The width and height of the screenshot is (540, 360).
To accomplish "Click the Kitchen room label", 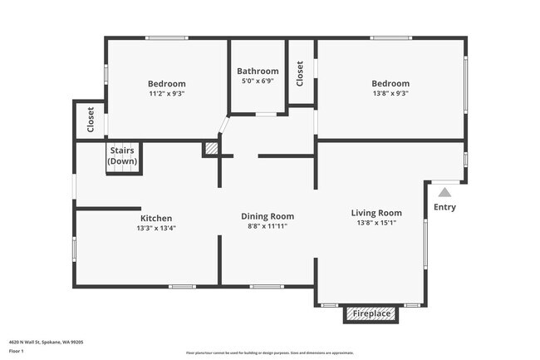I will point(156,219).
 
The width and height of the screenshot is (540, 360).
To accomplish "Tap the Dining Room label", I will point(268,216).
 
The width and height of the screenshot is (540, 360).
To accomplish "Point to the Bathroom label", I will point(258,72).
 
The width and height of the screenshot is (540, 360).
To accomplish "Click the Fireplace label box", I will point(371,314).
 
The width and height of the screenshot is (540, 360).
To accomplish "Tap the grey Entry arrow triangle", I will point(444,192).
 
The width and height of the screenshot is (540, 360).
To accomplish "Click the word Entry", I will point(444,208).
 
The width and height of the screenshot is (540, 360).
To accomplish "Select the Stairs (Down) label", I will point(123,155).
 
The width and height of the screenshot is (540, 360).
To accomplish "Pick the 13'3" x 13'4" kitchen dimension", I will point(156,229).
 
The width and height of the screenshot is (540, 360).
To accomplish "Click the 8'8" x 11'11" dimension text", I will point(268,226).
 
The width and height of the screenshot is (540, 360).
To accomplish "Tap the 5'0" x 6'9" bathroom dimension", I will point(258,81).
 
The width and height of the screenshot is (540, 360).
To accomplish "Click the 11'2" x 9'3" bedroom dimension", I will point(166,94).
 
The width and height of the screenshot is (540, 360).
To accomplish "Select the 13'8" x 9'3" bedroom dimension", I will point(390,94).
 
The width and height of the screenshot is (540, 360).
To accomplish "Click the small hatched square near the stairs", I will point(212,148).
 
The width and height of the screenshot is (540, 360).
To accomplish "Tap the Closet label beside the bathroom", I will point(300,73).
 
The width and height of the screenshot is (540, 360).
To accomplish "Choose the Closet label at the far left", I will point(91,121).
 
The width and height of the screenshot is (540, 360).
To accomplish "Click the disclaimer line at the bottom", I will point(270,353).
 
